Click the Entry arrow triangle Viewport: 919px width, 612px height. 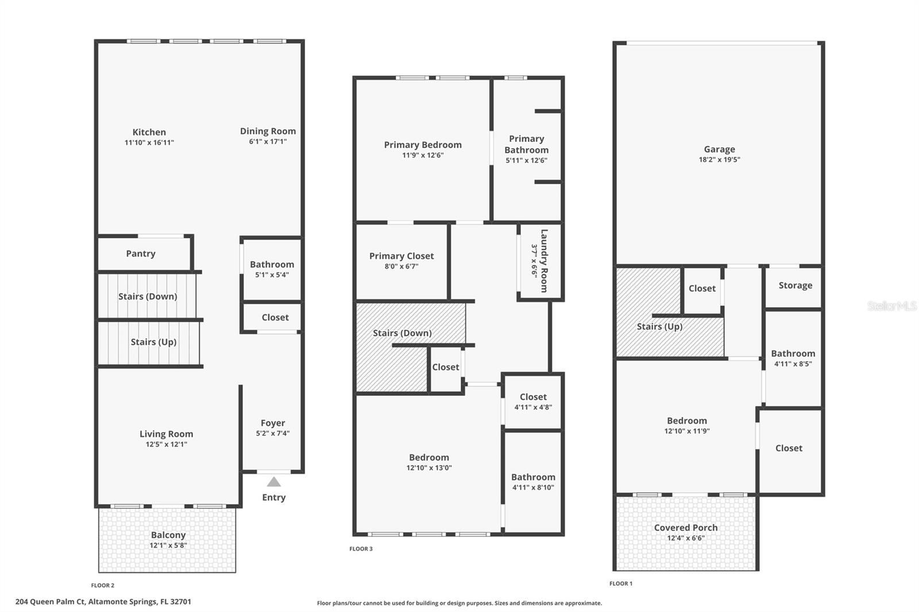pyautogui.click(x=274, y=482)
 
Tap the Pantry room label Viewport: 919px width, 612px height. pyautogui.click(x=141, y=254)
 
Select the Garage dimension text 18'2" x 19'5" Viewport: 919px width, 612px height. pyautogui.click(x=719, y=160)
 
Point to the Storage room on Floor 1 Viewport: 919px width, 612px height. pyautogui.click(x=795, y=285)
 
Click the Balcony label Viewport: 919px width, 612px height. pyautogui.click(x=168, y=535)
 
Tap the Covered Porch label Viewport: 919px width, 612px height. pyautogui.click(x=686, y=528)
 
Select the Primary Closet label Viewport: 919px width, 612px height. pyautogui.click(x=401, y=256)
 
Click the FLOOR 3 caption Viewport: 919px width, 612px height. pyautogui.click(x=361, y=549)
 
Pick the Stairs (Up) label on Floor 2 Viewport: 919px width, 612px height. pyautogui.click(x=153, y=342)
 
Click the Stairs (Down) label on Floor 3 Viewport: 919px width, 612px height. pyautogui.click(x=402, y=333)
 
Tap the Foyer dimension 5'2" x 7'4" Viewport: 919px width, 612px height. pyautogui.click(x=273, y=433)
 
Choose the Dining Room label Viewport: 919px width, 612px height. pyautogui.click(x=268, y=131)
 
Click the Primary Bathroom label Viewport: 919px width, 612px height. pyautogui.click(x=527, y=144)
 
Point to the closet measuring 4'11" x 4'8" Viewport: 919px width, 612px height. pyautogui.click(x=533, y=401)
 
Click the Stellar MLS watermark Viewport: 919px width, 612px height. pyautogui.click(x=892, y=306)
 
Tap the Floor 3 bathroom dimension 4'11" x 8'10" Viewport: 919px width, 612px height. pyautogui.click(x=533, y=487)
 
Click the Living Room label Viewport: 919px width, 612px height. pyautogui.click(x=166, y=434)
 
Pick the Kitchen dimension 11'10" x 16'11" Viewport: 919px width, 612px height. pyautogui.click(x=149, y=142)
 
